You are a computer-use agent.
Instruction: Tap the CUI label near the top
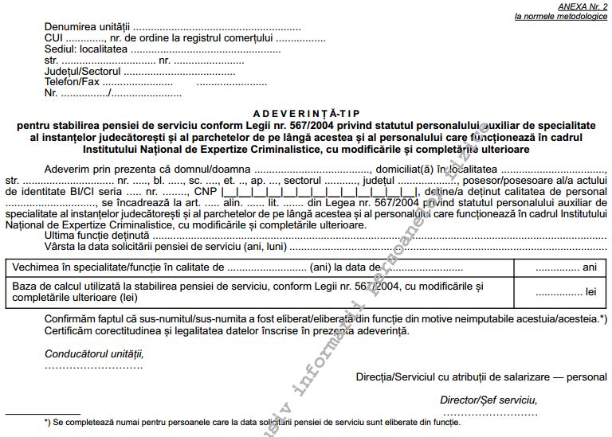point(54,37)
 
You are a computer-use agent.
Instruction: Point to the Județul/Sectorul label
point(83,71)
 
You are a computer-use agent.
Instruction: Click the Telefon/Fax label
point(73,82)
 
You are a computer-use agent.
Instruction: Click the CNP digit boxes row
point(312,193)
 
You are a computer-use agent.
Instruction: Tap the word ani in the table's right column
point(590,268)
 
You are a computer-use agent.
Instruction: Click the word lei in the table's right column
point(590,292)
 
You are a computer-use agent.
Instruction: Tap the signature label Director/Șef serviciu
point(488,400)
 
